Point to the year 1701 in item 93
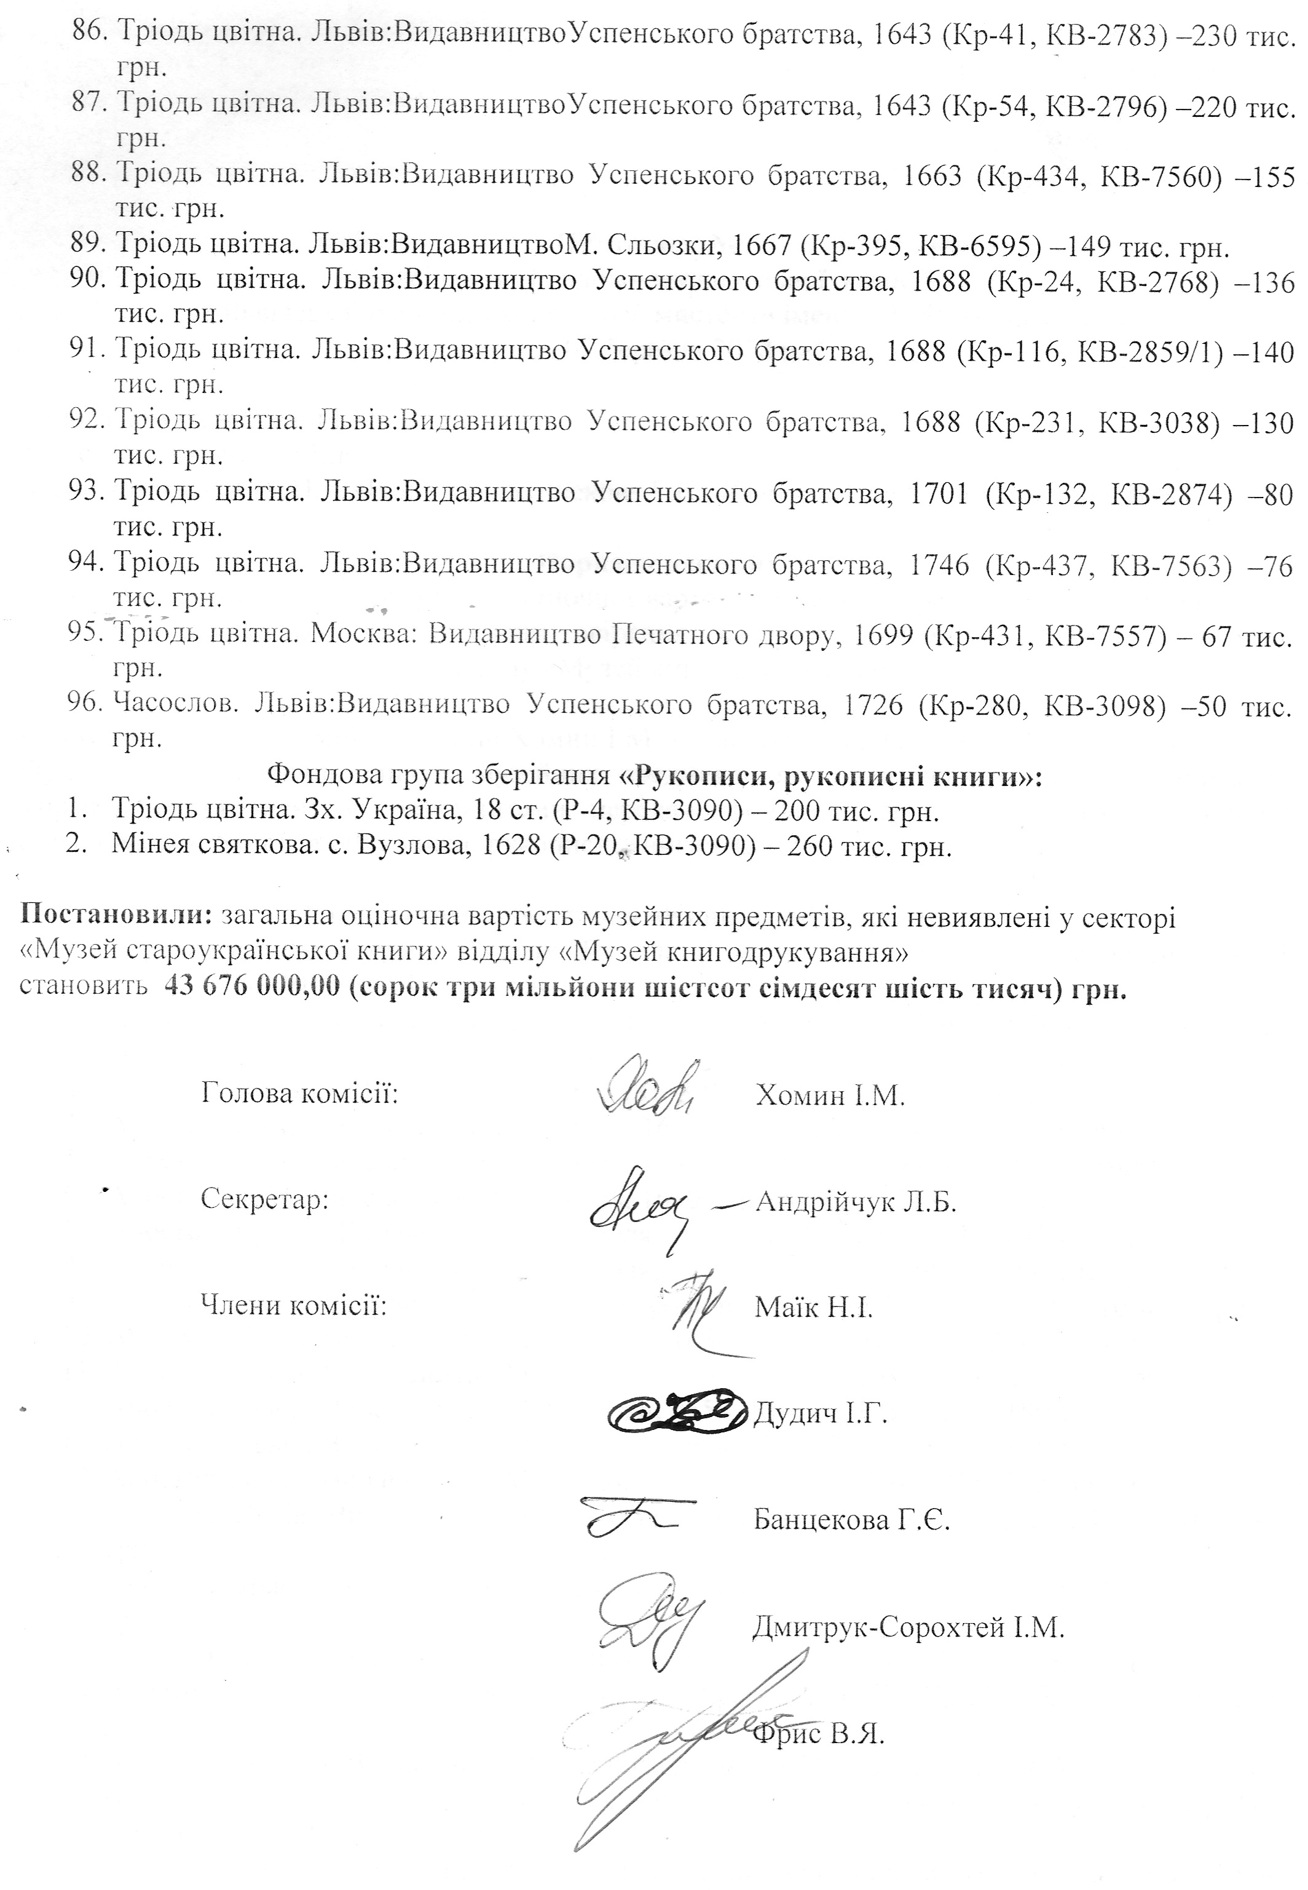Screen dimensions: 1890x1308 [x=939, y=494]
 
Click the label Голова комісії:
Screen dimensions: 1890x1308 [x=299, y=1093]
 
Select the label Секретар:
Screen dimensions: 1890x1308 [x=264, y=1199]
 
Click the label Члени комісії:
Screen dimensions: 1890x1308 [x=293, y=1304]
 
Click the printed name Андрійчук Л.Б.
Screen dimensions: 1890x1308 [x=856, y=1202]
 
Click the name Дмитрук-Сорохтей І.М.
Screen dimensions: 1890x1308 [x=908, y=1627]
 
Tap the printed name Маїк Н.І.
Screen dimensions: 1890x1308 [x=813, y=1307]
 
